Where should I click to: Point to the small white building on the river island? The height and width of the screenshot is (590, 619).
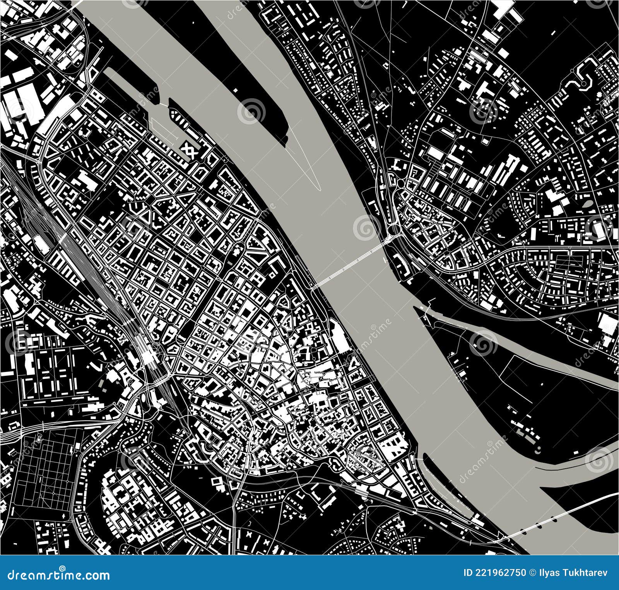236,90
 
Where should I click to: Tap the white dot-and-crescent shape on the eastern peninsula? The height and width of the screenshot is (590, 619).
538,449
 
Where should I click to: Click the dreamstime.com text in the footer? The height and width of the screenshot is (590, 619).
58,574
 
